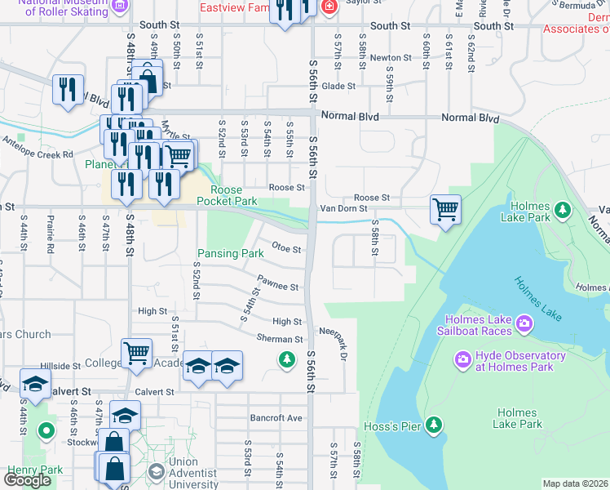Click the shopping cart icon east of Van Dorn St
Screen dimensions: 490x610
coord(445,209)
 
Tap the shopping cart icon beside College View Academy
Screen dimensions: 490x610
coord(136,353)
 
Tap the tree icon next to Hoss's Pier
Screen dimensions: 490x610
coord(435,424)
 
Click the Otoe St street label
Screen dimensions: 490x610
coord(287,247)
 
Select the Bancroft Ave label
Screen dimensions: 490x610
coord(276,418)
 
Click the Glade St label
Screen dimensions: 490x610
coord(338,86)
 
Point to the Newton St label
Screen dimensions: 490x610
coord(390,58)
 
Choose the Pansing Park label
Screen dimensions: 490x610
coord(231,254)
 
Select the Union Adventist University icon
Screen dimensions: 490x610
coord(156,471)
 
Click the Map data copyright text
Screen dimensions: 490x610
coord(575,483)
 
